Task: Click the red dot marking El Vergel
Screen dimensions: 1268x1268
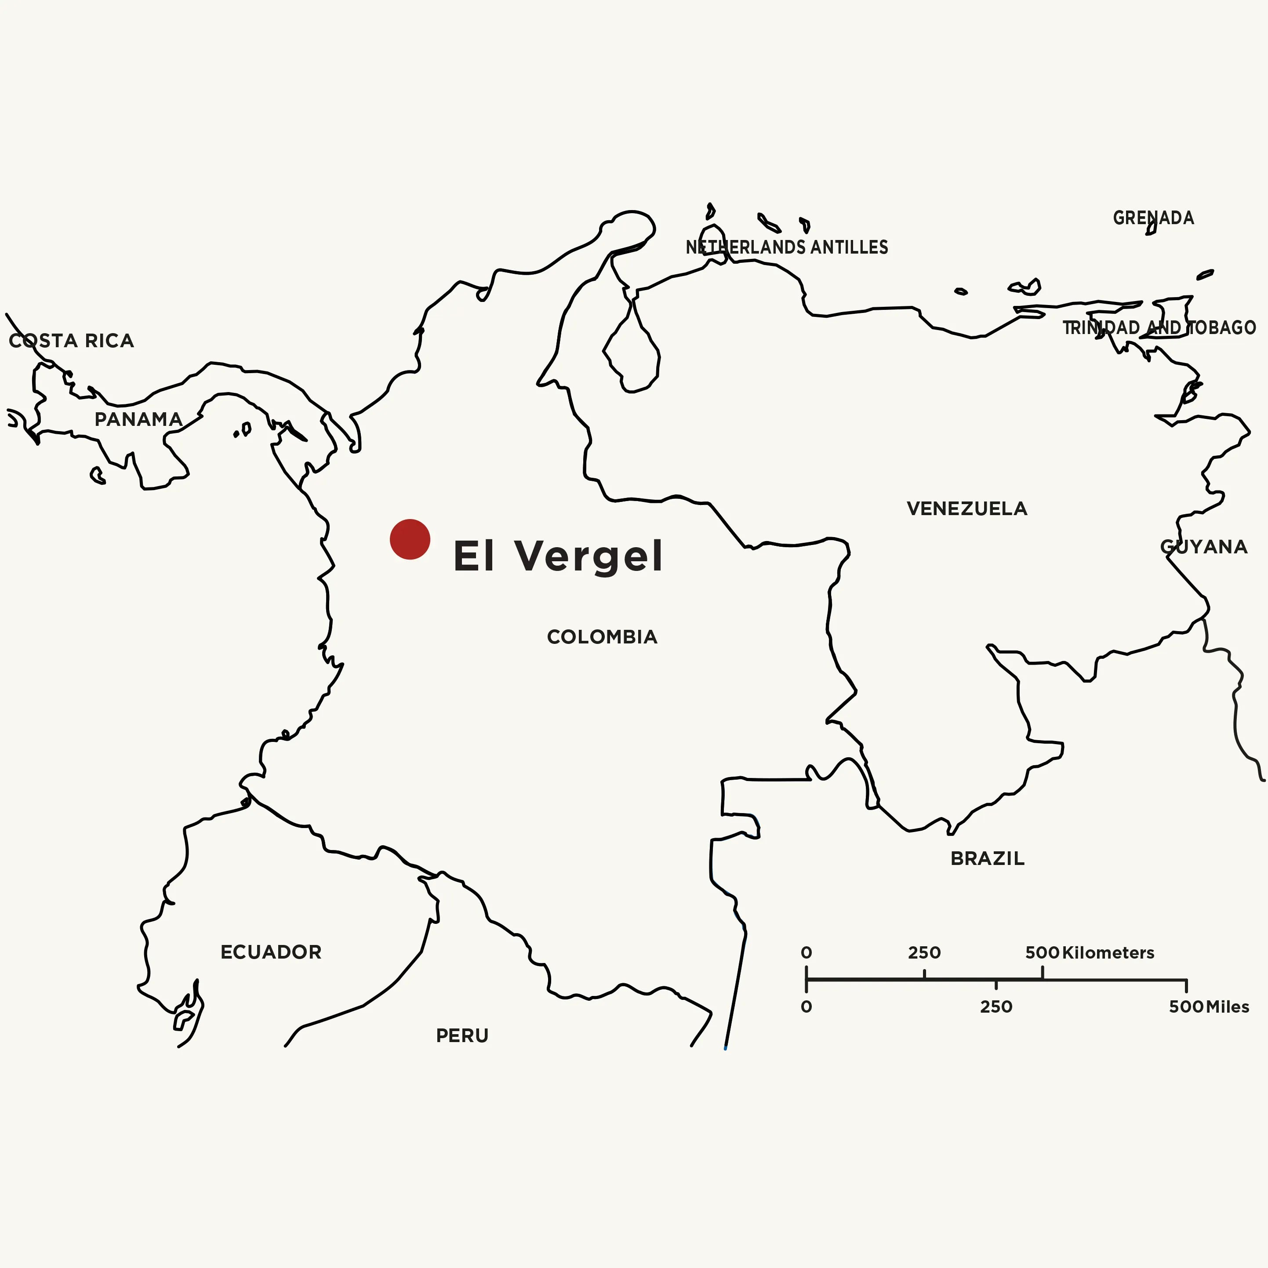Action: click(x=410, y=539)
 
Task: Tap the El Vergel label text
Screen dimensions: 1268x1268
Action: click(x=558, y=556)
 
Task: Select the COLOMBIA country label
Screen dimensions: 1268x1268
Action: click(x=602, y=636)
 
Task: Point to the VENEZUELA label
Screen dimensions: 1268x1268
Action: click(x=967, y=509)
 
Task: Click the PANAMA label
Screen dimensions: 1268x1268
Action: click(x=138, y=419)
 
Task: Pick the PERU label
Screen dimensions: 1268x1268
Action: click(x=462, y=1035)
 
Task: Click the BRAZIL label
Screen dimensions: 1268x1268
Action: click(x=987, y=858)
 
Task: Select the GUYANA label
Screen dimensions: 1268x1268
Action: click(x=1204, y=547)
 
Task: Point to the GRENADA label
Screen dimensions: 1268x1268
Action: click(x=1153, y=218)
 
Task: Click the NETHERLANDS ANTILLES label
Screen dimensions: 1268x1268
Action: click(x=787, y=247)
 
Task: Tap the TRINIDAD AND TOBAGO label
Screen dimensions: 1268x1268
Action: click(x=1159, y=327)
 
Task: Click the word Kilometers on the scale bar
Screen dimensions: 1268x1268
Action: click(x=1108, y=952)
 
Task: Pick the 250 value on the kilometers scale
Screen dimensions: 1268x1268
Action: click(x=924, y=952)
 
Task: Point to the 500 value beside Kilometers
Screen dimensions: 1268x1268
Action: click(x=1042, y=952)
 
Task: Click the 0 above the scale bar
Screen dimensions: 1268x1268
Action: click(x=807, y=952)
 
